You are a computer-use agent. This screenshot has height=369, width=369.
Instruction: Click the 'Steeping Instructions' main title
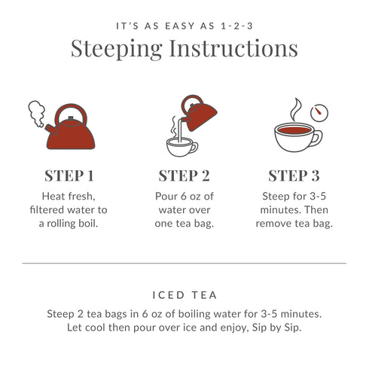point(184,49)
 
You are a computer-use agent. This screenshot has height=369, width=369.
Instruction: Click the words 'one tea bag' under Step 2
point(184,224)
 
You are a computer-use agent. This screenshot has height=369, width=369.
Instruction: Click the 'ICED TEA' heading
point(184,296)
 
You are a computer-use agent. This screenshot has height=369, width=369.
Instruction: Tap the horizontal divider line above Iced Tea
point(184,264)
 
